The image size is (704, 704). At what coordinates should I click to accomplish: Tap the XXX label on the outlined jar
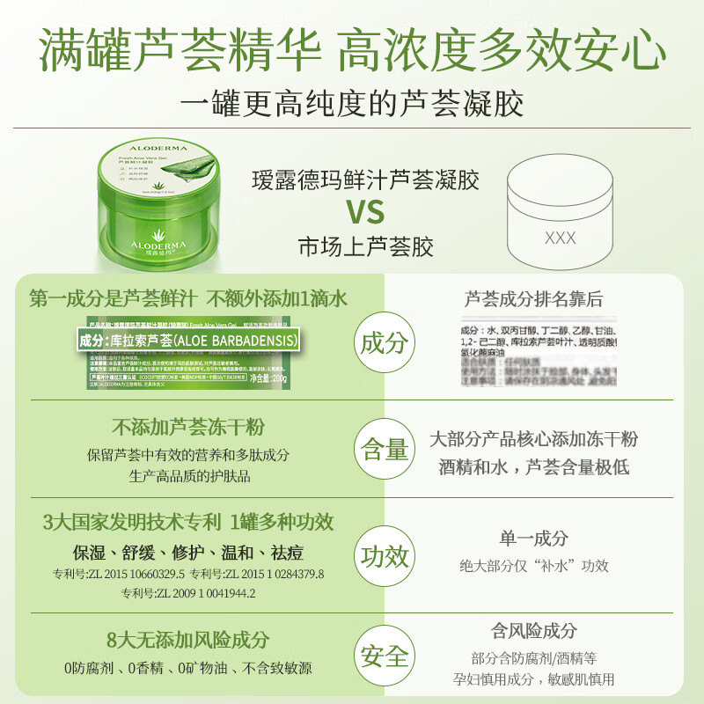(x=561, y=238)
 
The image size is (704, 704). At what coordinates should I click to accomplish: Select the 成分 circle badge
(x=385, y=342)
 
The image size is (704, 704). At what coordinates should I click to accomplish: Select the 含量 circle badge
(x=385, y=451)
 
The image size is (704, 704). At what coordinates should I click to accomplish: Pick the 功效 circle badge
(x=385, y=556)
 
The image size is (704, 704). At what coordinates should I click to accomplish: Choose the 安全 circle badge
(x=385, y=656)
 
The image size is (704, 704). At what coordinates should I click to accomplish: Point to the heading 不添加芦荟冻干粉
(x=188, y=428)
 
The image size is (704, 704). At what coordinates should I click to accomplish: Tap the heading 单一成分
(x=534, y=539)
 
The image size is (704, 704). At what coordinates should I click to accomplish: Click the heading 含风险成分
(x=534, y=631)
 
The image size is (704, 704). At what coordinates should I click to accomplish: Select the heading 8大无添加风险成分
(x=188, y=641)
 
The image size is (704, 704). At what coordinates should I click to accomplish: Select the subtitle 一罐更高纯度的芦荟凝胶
(x=352, y=104)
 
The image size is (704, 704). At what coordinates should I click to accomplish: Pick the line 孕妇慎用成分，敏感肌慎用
(x=534, y=678)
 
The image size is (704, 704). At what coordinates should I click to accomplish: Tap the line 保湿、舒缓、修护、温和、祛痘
(x=188, y=553)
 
